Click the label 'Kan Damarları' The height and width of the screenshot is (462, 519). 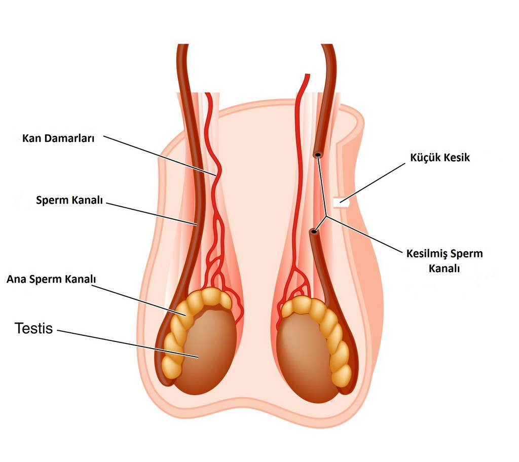coord(59,138)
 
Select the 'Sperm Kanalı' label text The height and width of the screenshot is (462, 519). coord(69,200)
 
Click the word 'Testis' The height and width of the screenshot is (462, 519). coord(34,328)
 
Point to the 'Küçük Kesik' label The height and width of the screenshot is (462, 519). coord(440,158)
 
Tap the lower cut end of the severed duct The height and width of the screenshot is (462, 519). coord(314,232)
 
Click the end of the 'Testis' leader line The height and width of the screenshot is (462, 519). coord(198,358)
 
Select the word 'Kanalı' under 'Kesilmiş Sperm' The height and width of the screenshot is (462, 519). coord(444,269)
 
